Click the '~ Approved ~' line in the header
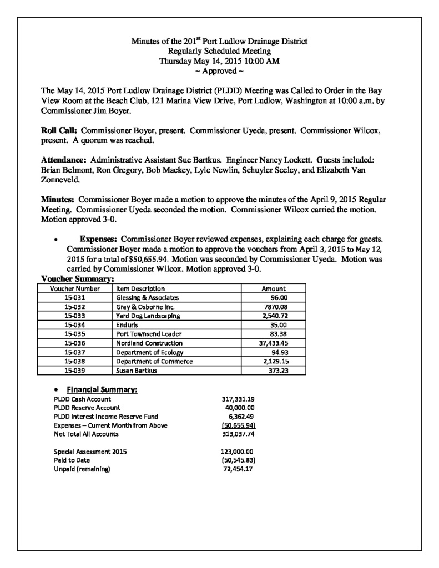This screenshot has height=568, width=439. [219, 72]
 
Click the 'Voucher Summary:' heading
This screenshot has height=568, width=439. [78, 279]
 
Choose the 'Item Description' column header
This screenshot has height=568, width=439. [140, 288]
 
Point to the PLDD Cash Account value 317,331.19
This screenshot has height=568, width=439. [238, 399]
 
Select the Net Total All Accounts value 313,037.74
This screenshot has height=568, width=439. [238, 434]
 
